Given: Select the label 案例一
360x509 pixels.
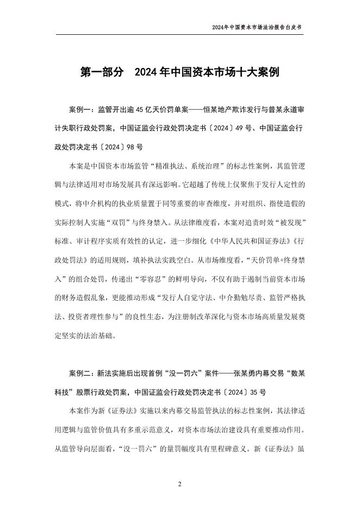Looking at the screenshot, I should (x=80, y=109).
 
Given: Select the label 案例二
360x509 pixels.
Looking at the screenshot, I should (x=80, y=374).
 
